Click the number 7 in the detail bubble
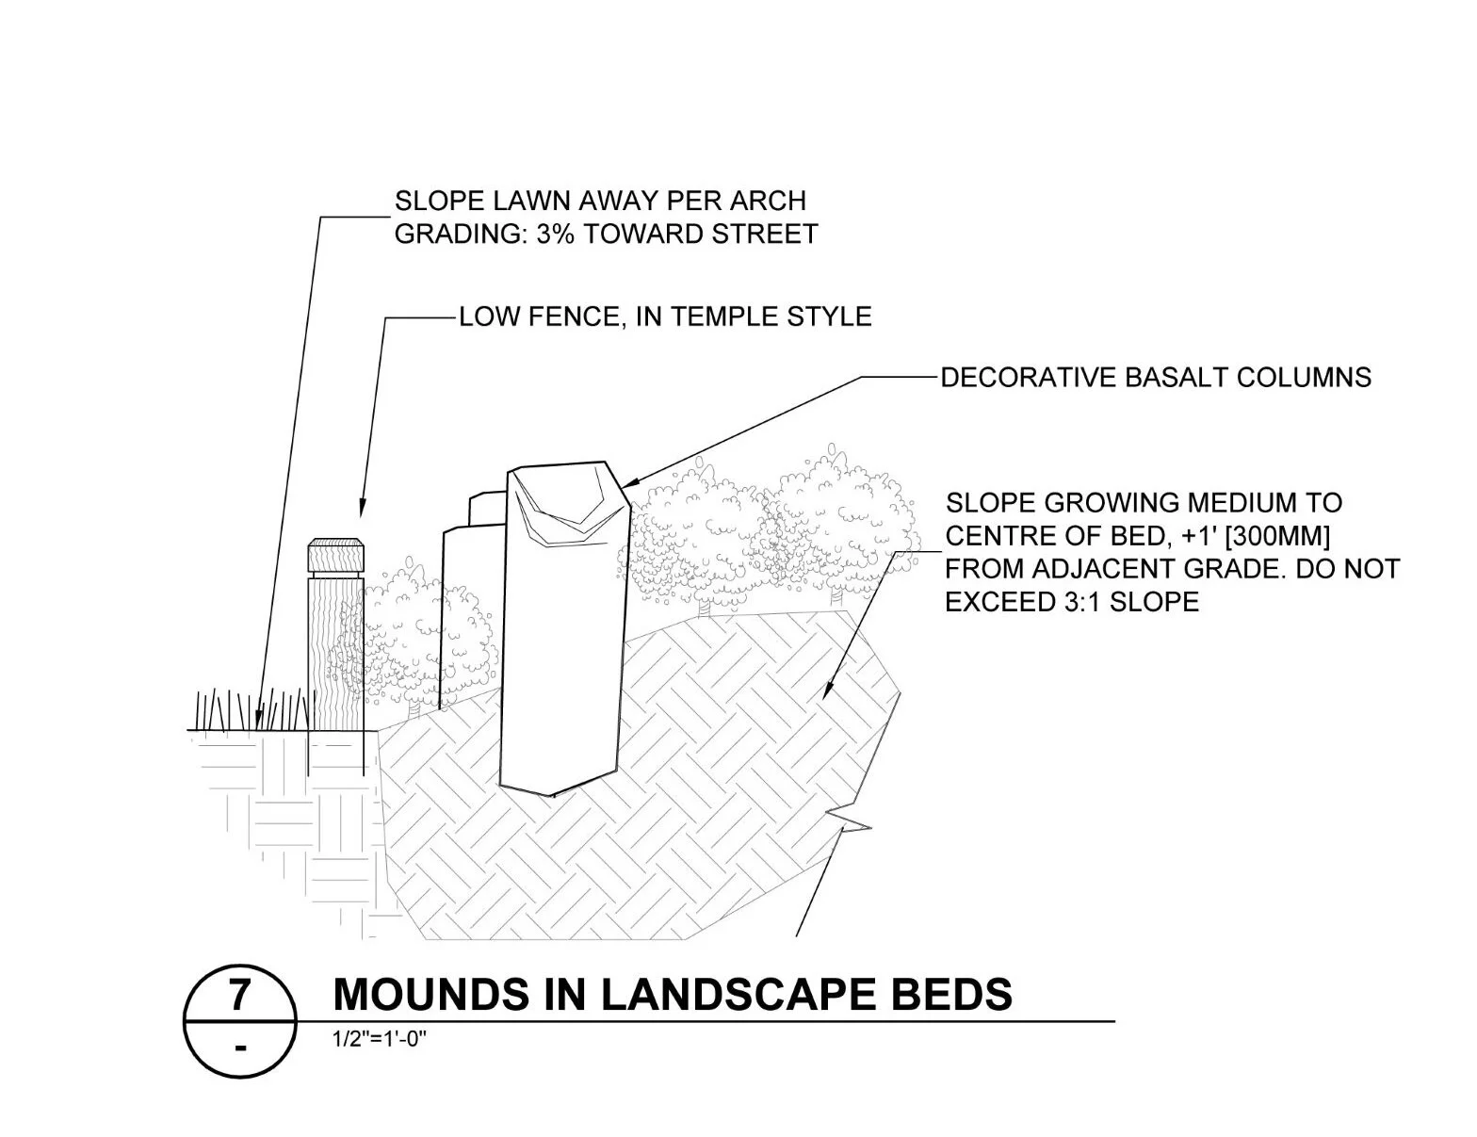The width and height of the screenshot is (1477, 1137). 240,995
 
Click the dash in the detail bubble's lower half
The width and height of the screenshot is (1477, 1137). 240,1047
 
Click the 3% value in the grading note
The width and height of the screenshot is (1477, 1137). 556,234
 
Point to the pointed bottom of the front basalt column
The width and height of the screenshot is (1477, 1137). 554,793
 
